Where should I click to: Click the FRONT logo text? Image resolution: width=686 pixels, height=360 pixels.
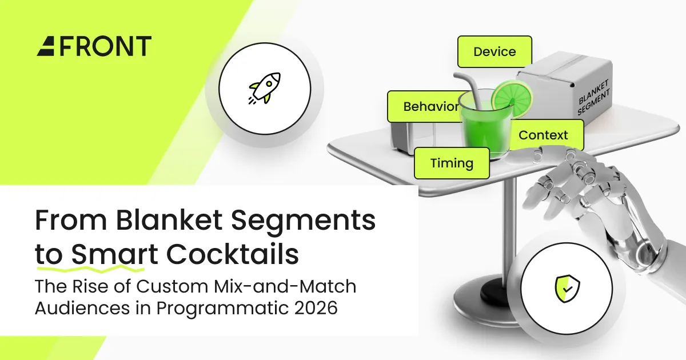105,46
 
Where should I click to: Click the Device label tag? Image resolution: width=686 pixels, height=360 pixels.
494,52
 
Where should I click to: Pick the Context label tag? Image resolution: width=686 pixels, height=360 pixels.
543,135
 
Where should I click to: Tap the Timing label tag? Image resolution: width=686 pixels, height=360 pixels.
452,163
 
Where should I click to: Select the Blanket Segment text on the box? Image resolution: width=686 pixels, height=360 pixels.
593,101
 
